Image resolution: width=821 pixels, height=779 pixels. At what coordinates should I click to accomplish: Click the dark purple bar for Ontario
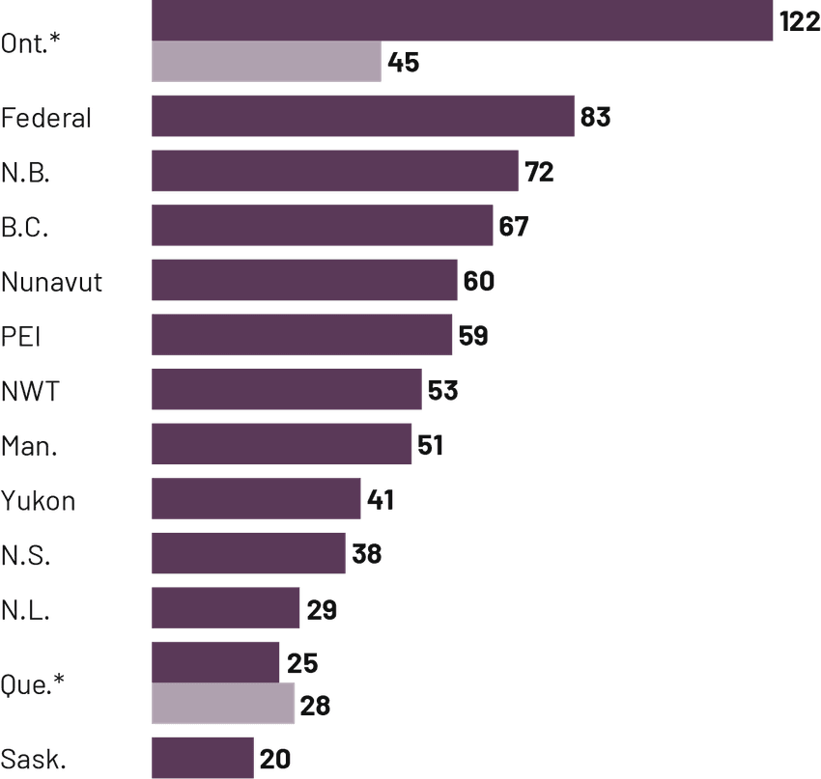pos(463,20)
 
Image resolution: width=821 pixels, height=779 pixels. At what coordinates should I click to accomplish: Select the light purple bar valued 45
pos(267,61)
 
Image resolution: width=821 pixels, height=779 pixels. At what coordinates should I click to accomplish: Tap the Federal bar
pos(363,116)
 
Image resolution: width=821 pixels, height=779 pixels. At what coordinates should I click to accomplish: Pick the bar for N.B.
pos(335,171)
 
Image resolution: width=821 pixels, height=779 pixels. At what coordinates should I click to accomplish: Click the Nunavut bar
pos(304,280)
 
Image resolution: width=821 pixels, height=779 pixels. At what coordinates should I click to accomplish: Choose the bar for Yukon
pos(256,499)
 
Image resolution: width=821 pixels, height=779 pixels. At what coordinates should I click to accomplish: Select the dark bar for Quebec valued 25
pos(215,662)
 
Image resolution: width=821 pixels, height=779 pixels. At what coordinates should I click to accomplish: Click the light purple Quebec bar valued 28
pos(223,703)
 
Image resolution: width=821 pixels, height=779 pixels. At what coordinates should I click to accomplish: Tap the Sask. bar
pos(203,758)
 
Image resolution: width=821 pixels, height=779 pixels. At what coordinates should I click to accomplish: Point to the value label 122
pos(800,22)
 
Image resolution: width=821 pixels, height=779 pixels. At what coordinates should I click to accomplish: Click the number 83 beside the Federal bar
pos(595,117)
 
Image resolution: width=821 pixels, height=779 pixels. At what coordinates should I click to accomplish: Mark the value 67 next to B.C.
pos(514,226)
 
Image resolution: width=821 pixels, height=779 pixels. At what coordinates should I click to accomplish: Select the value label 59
pos(473,335)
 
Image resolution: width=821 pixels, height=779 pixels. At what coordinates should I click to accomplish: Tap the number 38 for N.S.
pos(366,553)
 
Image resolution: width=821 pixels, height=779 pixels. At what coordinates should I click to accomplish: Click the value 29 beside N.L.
pos(322,609)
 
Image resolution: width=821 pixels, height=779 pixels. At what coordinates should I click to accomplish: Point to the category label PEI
pos(21,336)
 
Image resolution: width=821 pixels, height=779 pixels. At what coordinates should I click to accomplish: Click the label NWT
pos(30,391)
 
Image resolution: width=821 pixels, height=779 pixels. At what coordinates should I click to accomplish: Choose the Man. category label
pos(29,446)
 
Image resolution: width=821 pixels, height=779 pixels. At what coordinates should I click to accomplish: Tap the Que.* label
pos(33,684)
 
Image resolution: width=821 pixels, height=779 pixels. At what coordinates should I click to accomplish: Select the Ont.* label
pos(30,42)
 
